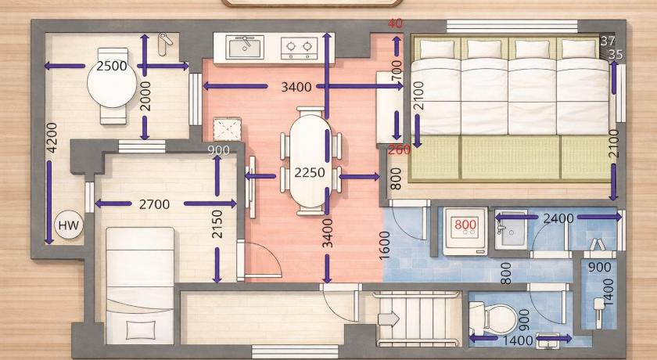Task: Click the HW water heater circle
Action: (x=69, y=225)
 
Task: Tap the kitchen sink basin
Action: (x=245, y=47)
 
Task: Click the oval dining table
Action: (x=310, y=161)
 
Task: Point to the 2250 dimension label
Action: (x=310, y=172)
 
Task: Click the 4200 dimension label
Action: (x=52, y=138)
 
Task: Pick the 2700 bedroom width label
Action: (x=155, y=204)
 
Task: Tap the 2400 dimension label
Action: (x=558, y=218)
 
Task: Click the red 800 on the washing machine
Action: (x=465, y=225)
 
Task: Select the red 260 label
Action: (x=400, y=149)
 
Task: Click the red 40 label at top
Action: (x=395, y=23)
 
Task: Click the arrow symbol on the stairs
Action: (x=389, y=319)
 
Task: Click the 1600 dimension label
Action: (x=385, y=245)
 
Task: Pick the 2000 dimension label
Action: (x=145, y=96)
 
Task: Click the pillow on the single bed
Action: (x=140, y=329)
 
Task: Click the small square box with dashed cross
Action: (x=227, y=129)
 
